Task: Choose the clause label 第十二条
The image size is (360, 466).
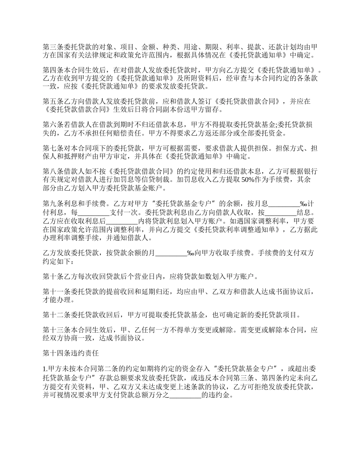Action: pyautogui.click(x=54, y=314)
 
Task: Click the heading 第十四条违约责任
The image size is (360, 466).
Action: pyautogui.click(x=71, y=353)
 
